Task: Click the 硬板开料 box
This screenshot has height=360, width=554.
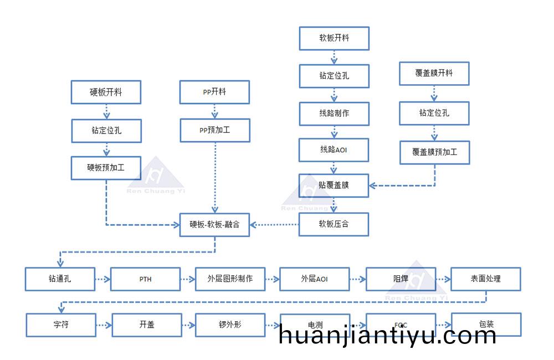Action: [106, 92]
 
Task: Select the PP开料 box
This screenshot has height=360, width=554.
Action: [214, 92]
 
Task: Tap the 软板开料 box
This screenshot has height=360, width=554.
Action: [334, 38]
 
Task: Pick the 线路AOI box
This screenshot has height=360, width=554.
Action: [334, 150]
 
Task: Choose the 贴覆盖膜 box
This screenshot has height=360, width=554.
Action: [334, 186]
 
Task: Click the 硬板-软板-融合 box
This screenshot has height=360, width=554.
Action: [214, 224]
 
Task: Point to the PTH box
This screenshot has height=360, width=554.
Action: [145, 279]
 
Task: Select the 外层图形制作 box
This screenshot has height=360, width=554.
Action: [230, 279]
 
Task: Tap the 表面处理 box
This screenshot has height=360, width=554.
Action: [486, 279]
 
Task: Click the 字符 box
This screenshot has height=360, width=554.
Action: [61, 325]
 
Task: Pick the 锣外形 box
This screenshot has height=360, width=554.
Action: [230, 325]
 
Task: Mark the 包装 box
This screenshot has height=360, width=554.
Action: [486, 325]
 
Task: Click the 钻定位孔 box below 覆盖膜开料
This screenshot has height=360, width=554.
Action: [434, 114]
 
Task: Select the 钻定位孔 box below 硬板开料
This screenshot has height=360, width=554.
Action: [106, 131]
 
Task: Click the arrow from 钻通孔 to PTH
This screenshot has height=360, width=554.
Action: [103, 279]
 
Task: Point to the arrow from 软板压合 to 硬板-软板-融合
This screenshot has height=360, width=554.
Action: [274, 224]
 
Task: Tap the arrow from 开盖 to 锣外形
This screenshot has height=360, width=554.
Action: [188, 325]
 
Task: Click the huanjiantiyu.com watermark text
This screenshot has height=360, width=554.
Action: [387, 335]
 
